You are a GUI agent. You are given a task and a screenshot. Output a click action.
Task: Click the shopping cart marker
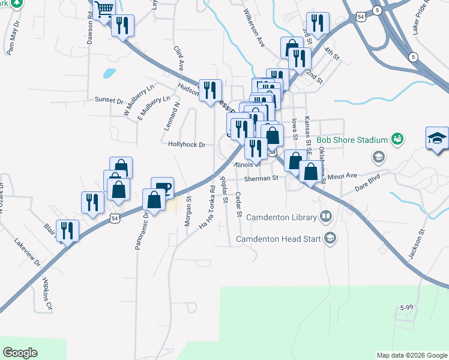tap(104, 10)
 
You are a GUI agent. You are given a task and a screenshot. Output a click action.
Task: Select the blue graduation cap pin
tap(437, 138)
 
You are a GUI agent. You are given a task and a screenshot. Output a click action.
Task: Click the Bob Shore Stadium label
tap(352, 140)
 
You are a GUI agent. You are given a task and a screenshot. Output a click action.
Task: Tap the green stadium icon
tap(396, 139)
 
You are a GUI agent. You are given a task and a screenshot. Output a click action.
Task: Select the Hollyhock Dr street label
tap(187, 145)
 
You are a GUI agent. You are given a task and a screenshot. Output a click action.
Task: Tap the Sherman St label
tap(261, 178)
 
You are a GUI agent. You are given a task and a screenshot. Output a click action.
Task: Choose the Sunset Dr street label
tap(108, 100)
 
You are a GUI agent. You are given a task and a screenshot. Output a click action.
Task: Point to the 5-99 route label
tap(407, 307)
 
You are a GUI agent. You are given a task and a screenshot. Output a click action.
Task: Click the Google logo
tap(20, 353)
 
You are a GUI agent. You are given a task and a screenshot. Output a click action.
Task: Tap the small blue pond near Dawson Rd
tap(109, 74)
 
